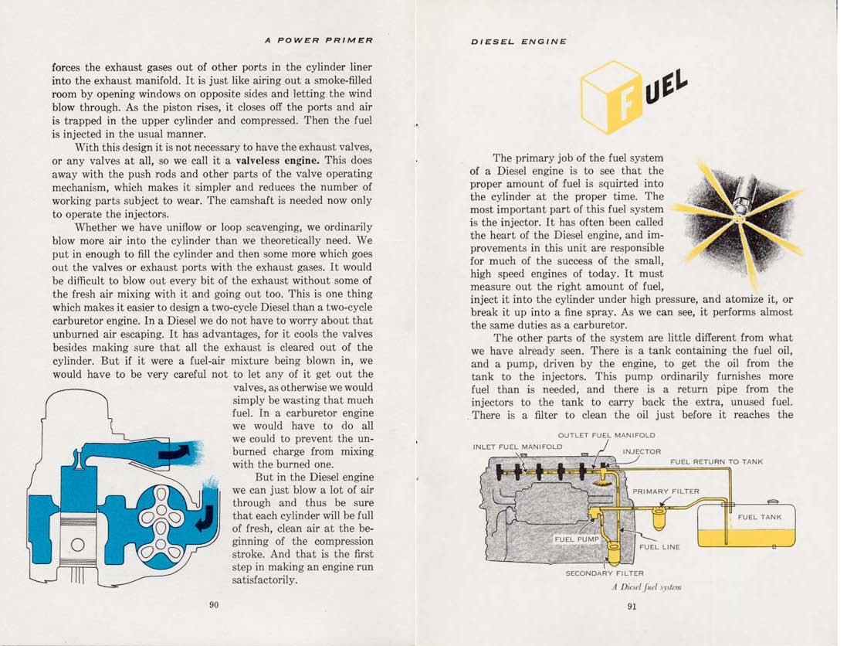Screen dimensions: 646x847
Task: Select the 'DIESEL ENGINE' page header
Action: (x=519, y=42)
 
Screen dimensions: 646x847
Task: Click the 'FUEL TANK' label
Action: (x=760, y=517)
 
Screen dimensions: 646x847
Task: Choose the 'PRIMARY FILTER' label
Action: (x=666, y=491)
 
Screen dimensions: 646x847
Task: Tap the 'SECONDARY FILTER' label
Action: (x=605, y=573)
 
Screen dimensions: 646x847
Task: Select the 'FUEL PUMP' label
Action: (x=577, y=539)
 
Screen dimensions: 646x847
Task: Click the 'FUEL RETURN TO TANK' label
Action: (x=717, y=461)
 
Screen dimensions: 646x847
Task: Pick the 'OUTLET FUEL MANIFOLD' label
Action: (x=606, y=435)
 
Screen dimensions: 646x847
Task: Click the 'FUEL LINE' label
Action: (x=659, y=547)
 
